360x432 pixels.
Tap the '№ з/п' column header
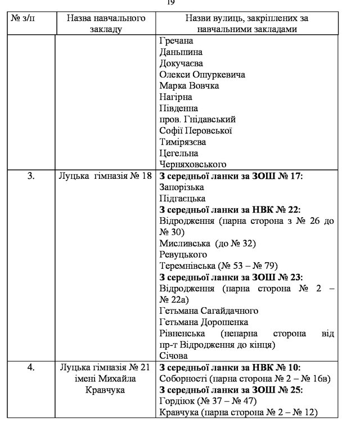pos(31,18)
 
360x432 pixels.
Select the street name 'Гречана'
pos(176,42)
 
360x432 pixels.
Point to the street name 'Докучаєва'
pos(181,64)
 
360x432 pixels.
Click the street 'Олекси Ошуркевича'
pos(200,75)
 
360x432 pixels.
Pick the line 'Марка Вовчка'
pos(189,86)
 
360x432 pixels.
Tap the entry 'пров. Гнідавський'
pos(197,119)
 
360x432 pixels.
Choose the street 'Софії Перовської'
pos(196,130)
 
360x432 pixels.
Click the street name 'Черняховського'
pos(192,164)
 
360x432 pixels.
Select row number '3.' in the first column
pos(31,176)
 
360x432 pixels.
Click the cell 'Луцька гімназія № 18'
pos(105,176)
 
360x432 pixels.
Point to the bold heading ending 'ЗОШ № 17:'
pos(231,176)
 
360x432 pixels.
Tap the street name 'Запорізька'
pos(182,187)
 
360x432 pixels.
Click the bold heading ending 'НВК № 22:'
pos(231,210)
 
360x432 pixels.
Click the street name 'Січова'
pos(173,355)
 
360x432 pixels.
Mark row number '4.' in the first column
pos(31,367)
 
